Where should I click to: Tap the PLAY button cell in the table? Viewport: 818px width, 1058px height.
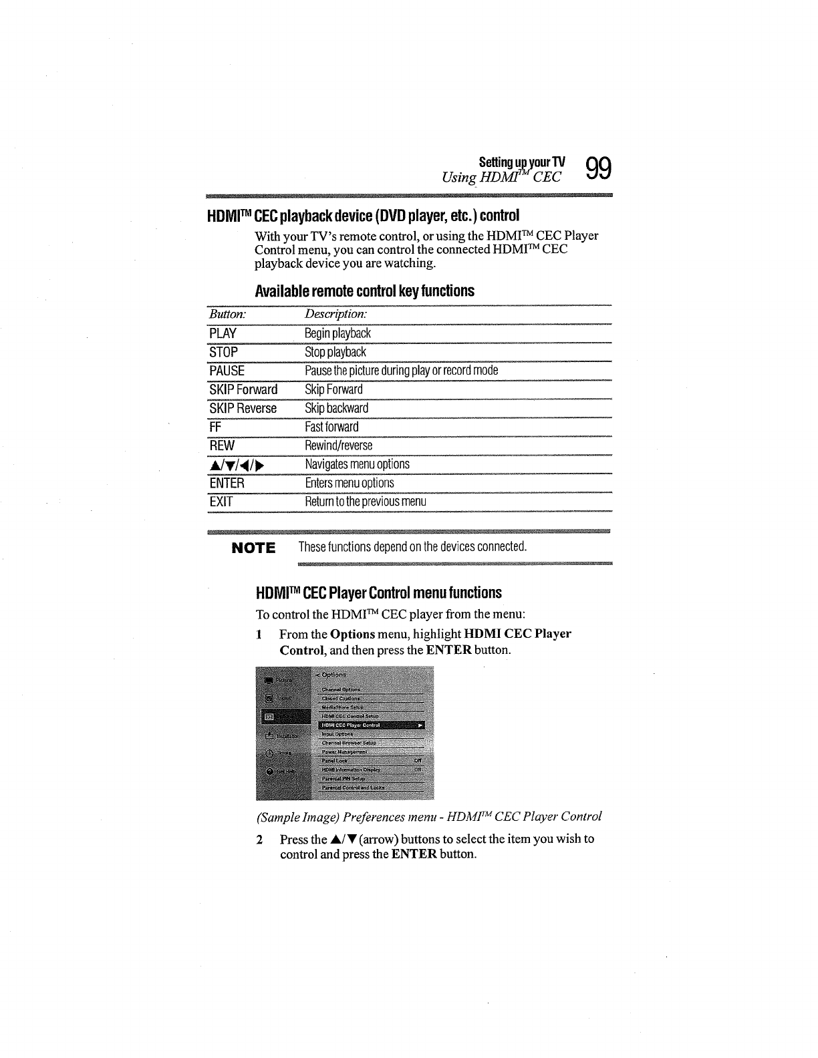[x=223, y=333]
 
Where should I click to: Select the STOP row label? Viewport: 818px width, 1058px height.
[x=223, y=352]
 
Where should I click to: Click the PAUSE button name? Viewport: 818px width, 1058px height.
[x=227, y=371]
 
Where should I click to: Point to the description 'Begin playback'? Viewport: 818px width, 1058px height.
[x=337, y=333]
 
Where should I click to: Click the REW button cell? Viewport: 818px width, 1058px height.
[x=221, y=446]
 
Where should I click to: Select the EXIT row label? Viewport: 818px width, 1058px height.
[x=221, y=502]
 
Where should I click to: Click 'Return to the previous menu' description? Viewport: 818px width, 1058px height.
[x=365, y=502]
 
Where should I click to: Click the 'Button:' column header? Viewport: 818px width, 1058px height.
[x=227, y=314]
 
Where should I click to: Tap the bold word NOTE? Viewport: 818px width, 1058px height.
[x=253, y=548]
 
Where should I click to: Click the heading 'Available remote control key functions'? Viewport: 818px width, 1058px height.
[x=365, y=291]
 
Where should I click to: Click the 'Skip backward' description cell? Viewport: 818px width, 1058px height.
[x=336, y=408]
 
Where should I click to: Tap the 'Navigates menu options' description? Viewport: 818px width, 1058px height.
[x=357, y=464]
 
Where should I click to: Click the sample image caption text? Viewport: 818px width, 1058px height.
[x=428, y=816]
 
